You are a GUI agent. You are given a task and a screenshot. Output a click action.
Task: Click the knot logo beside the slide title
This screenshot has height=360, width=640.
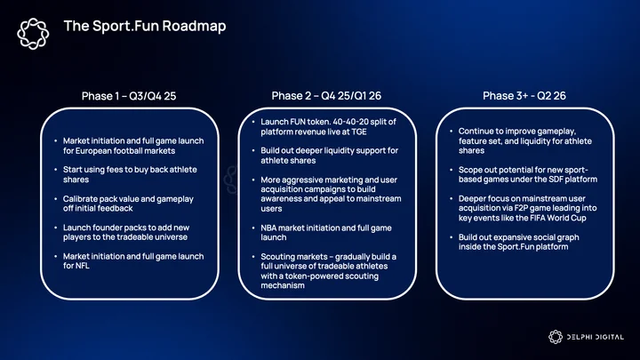click(33, 34)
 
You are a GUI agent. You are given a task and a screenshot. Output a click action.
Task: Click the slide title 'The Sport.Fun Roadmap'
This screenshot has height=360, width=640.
click(145, 26)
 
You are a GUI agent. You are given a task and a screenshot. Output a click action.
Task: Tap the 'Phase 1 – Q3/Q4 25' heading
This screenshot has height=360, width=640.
click(129, 96)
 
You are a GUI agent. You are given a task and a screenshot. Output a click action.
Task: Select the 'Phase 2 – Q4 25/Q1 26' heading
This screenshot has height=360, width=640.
click(326, 95)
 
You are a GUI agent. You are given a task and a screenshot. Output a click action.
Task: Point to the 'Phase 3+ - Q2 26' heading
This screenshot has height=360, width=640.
click(524, 95)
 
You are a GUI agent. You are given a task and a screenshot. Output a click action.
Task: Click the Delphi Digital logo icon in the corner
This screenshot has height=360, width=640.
click(555, 337)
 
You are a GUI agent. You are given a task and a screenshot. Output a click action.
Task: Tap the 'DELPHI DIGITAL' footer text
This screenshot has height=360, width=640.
click(595, 337)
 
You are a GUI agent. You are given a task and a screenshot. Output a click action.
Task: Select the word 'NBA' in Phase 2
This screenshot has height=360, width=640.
click(268, 228)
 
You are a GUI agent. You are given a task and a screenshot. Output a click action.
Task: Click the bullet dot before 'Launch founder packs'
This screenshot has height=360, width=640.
click(56, 228)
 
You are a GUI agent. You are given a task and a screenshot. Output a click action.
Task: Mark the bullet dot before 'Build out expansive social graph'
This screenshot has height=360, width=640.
click(452, 237)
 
